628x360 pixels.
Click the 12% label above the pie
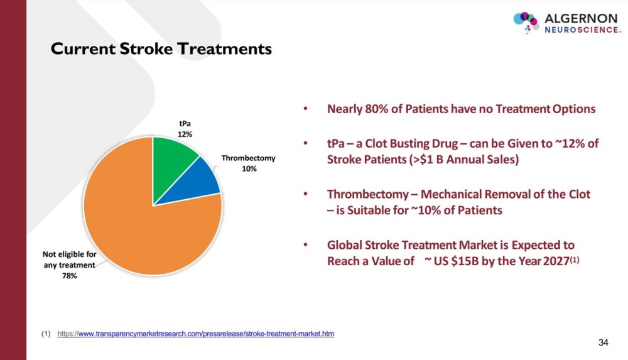(x=185, y=134)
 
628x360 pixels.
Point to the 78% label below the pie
(x=69, y=276)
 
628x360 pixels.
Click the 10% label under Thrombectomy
(x=249, y=169)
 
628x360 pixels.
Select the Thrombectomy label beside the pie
(x=248, y=158)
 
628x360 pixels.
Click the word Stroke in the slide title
(x=146, y=49)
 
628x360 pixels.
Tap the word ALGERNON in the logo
(x=581, y=18)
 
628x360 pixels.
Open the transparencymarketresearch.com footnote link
(x=195, y=334)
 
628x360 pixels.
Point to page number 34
(x=603, y=342)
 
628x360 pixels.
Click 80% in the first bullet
(x=376, y=109)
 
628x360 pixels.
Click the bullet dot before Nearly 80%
(x=306, y=109)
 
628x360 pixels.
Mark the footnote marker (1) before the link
(x=46, y=334)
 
